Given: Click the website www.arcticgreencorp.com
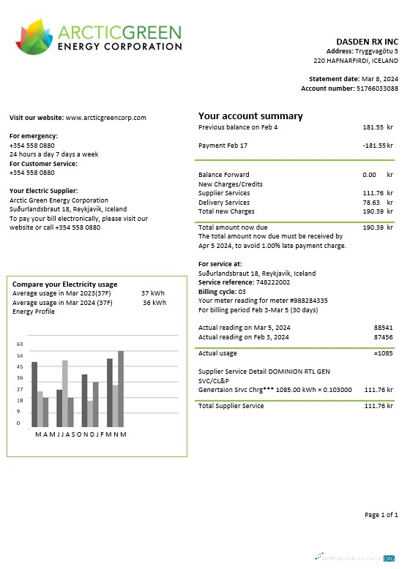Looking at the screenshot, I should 106,118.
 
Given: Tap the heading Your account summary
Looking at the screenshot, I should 250,116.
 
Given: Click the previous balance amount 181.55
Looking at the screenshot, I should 373,127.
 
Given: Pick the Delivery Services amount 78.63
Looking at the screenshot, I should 372,203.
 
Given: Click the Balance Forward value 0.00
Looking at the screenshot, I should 369,175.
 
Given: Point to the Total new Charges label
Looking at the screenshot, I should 226,211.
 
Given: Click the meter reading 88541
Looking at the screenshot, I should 382,328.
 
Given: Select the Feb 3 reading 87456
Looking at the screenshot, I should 382,337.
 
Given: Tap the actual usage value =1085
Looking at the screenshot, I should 381,353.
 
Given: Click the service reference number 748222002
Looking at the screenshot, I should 272,282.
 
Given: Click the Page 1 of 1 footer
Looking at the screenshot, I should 381,516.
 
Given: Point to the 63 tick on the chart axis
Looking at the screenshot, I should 20,344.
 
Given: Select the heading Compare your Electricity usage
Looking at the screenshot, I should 64,284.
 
